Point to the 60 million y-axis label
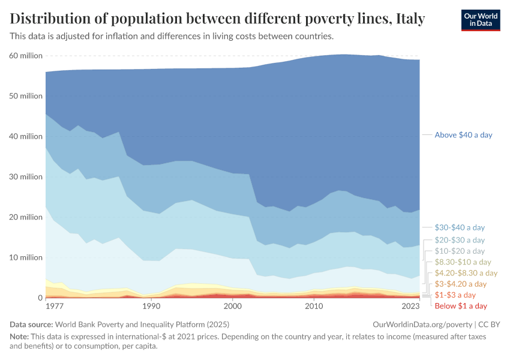26,56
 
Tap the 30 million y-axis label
26,177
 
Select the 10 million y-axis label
26,257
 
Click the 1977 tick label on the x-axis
54,306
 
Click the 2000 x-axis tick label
232,306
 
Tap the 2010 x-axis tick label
314,306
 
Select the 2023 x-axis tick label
411,306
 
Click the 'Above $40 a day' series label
463,135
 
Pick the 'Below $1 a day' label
461,306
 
